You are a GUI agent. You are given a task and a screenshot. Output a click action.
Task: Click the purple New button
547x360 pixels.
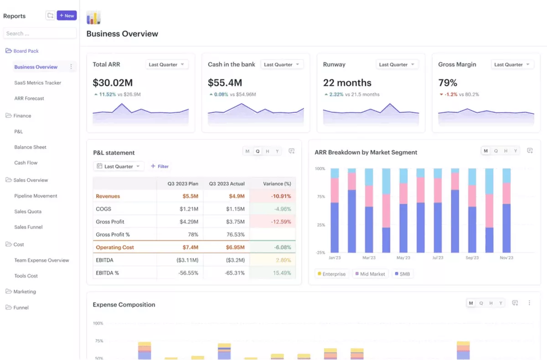67,15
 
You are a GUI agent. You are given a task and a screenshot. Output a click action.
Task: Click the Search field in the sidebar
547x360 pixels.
40,33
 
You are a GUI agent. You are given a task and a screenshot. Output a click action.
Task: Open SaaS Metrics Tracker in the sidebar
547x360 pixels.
37,83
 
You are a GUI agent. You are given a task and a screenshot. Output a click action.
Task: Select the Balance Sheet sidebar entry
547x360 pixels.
30,147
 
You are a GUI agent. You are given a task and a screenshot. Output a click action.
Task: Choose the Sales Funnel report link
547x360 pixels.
28,227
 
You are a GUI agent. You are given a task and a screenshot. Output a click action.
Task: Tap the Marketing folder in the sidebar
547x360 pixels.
25,292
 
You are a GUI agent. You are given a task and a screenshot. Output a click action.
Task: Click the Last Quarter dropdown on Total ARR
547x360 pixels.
166,65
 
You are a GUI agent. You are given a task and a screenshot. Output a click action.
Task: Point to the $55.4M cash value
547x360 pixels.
225,83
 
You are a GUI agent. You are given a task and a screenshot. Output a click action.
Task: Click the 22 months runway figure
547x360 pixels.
347,83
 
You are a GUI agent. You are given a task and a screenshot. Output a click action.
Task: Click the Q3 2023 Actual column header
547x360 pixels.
227,184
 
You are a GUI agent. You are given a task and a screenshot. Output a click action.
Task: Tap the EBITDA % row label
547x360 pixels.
107,273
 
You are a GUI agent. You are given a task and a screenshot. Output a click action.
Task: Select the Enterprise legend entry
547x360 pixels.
331,274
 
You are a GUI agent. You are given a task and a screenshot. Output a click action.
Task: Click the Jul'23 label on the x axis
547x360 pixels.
438,258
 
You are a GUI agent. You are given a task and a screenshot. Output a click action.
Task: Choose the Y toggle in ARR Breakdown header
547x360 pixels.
516,151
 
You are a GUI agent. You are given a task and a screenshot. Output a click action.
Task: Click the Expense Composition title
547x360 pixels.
124,304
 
